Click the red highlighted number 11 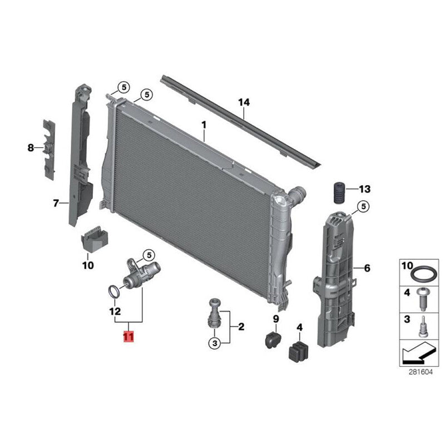coord(128,337)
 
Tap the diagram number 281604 coord(421,372)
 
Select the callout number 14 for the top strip coord(244,102)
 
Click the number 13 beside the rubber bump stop coord(365,189)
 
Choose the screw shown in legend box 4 coord(423,299)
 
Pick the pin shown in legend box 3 coord(423,327)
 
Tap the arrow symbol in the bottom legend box coord(419,353)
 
